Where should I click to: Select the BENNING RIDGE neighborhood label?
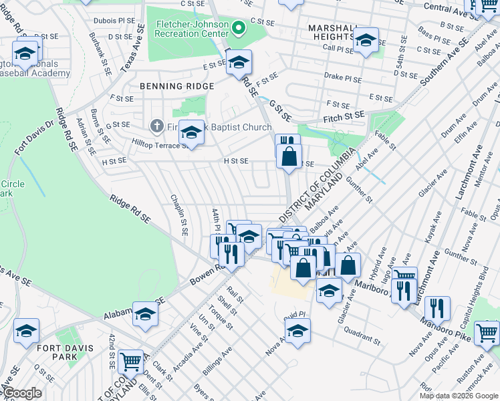click(x=177, y=86)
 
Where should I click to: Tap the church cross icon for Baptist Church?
click(x=156, y=125)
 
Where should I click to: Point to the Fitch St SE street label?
click(x=347, y=115)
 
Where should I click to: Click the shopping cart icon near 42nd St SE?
click(x=131, y=362)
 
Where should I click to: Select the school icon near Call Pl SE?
click(x=366, y=40)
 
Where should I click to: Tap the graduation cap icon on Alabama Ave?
click(x=145, y=313)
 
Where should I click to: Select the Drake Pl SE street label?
click(x=343, y=78)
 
